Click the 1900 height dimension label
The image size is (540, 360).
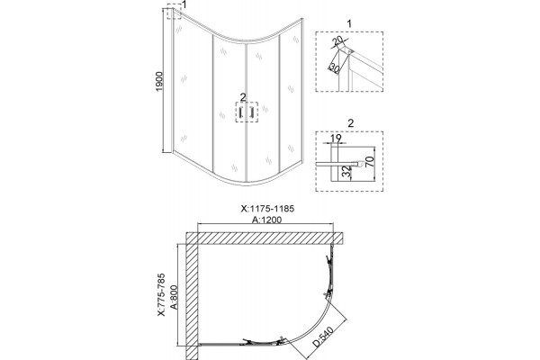point(158,82)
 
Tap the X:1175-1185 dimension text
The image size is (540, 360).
point(267,209)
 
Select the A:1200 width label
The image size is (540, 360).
point(266,220)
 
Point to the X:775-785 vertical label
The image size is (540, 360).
point(161,294)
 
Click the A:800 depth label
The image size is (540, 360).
point(174,297)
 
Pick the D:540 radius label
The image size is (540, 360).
point(323,337)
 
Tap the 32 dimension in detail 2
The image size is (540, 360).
point(347,171)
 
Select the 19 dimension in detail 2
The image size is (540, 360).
point(336,138)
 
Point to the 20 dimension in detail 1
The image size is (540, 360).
point(339,40)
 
